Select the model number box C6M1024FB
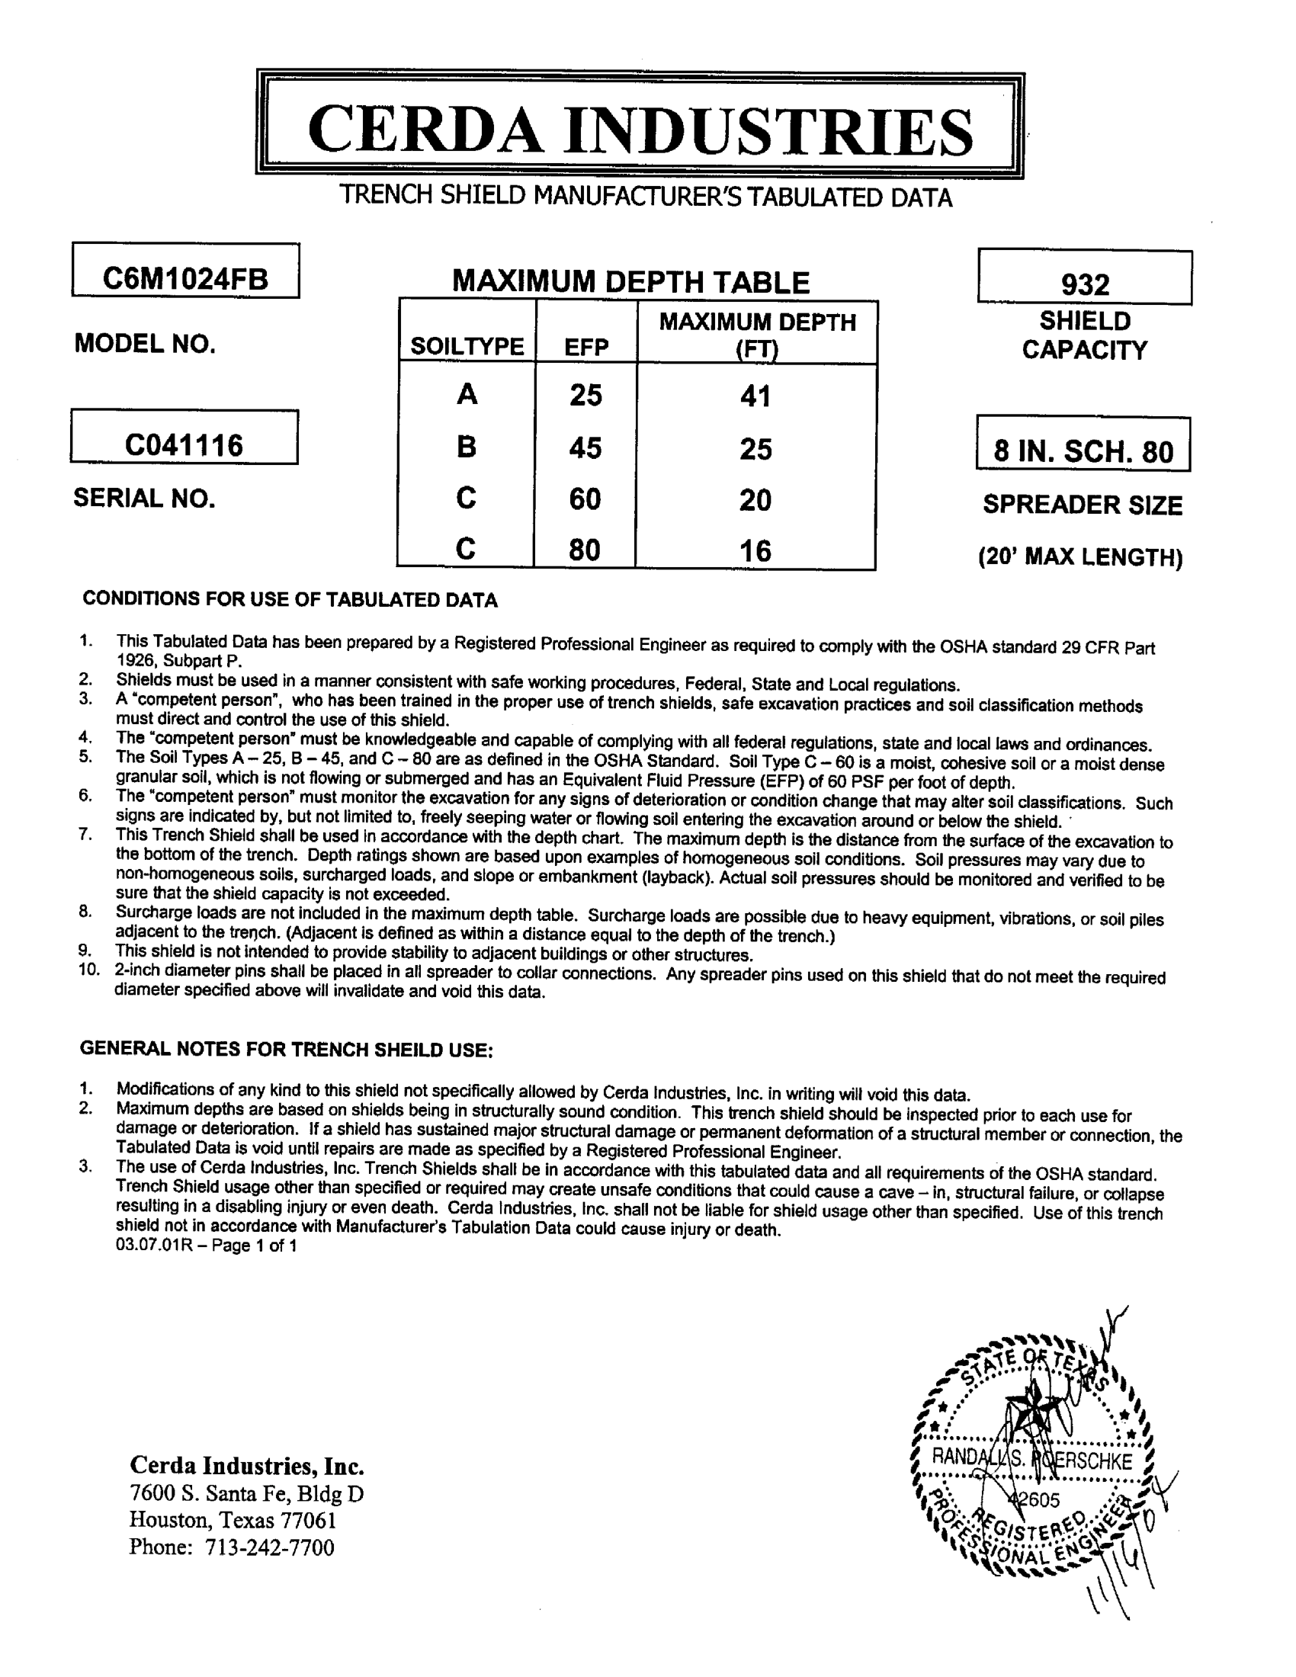185,277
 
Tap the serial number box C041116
184,444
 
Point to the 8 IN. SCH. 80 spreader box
1083,451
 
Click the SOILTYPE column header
467,347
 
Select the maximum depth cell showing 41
755,396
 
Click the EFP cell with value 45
585,447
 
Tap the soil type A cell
467,395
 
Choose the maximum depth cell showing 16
755,550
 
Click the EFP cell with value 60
585,499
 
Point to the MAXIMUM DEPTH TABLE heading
630,282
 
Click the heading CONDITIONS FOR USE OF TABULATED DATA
290,600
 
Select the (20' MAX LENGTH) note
1080,556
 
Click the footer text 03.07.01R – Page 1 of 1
206,1246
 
